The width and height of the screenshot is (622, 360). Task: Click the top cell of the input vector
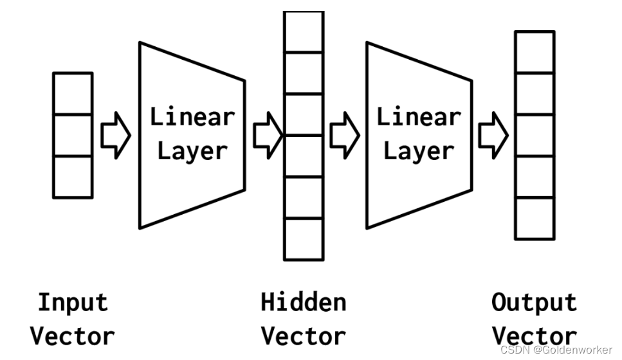click(72, 93)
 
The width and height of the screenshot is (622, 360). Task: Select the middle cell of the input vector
click(72, 135)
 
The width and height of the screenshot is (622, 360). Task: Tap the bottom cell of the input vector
click(72, 176)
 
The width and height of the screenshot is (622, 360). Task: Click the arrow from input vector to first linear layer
click(116, 135)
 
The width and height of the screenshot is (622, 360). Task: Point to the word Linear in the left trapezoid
click(192, 117)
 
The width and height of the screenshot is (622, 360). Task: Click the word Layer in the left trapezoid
click(192, 151)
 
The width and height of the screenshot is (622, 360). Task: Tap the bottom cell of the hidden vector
click(304, 239)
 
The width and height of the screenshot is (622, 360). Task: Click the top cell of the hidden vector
click(304, 32)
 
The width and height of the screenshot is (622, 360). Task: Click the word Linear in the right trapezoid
click(419, 117)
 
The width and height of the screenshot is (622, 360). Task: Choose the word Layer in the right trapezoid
click(419, 151)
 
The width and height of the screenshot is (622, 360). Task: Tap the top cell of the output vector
click(535, 52)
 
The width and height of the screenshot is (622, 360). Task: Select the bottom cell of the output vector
click(535, 218)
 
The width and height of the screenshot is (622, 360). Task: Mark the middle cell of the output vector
click(535, 135)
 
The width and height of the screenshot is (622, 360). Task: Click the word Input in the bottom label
click(73, 302)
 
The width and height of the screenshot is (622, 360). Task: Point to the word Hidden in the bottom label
click(303, 302)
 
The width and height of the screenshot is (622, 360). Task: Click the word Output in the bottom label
click(534, 302)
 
